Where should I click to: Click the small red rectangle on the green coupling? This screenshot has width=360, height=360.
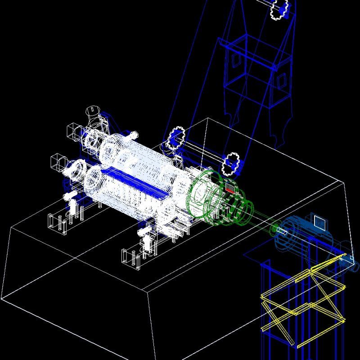(x=230, y=188)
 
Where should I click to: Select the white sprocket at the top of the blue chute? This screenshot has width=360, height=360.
(x=279, y=9)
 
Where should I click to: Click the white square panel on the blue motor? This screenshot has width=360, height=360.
(x=320, y=222)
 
